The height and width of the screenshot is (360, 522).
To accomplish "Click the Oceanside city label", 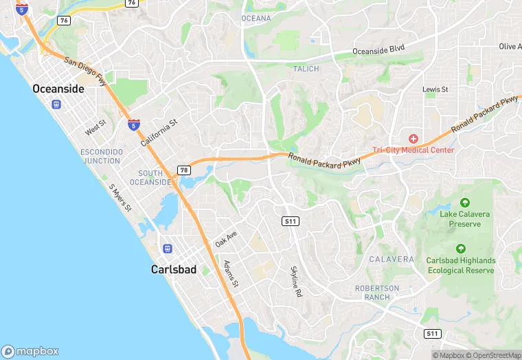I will click(58, 89).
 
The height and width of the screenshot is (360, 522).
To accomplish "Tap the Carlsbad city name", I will click(173, 270).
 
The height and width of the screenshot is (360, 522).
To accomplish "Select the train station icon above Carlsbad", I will click(167, 248).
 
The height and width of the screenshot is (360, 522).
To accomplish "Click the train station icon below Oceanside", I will click(56, 105).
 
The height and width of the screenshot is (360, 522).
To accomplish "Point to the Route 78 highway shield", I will click(183, 170).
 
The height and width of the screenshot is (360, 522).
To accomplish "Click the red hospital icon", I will click(413, 139).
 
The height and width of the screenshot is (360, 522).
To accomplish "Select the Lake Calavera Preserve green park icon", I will click(465, 203).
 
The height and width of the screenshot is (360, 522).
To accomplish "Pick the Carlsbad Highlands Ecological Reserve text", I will click(460, 265).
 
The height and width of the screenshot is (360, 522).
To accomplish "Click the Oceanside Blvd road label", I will click(378, 50).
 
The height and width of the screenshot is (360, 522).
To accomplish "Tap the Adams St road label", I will click(231, 273).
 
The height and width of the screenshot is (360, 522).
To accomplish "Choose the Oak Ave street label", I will click(225, 239).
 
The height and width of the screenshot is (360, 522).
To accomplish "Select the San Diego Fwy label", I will click(86, 72).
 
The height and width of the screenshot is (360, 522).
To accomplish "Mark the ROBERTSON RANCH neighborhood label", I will click(377, 293).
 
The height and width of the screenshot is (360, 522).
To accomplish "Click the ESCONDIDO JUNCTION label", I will click(100, 156).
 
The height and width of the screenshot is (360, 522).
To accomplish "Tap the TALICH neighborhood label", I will click(306, 69).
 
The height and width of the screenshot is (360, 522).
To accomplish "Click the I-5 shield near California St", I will click(134, 125).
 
